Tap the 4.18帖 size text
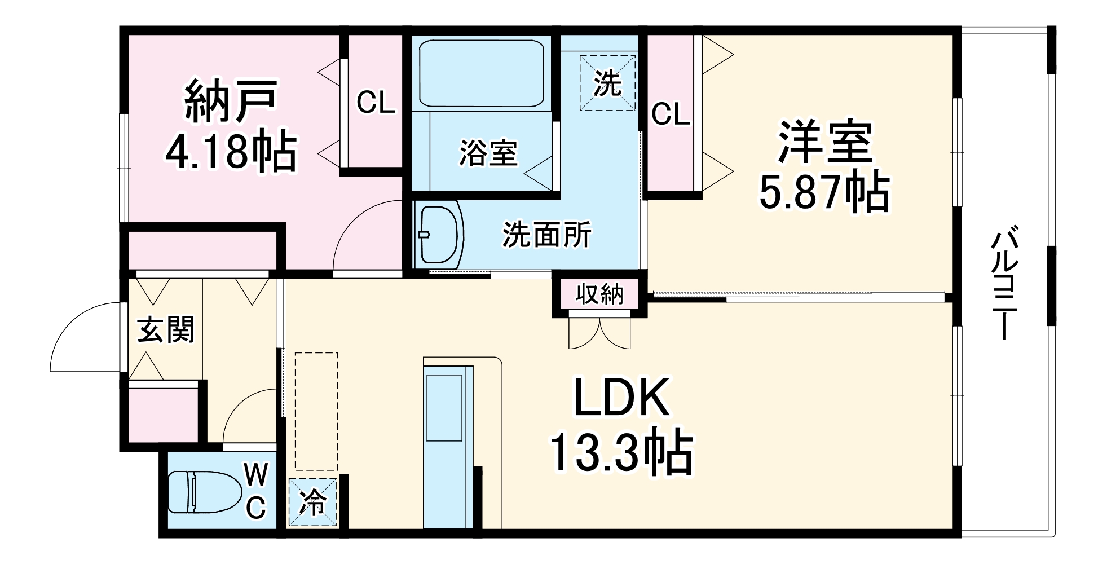(x=231, y=151)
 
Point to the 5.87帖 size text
(x=824, y=192)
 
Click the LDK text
(x=621, y=398)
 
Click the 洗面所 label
(x=546, y=234)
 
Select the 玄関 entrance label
(x=166, y=329)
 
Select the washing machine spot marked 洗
(x=607, y=83)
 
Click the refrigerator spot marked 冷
(x=312, y=503)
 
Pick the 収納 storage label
(x=599, y=294)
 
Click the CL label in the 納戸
(x=376, y=102)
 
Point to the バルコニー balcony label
(x=1005, y=282)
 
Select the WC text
(x=256, y=491)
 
